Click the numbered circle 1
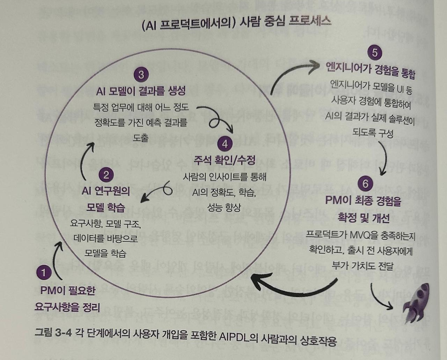44,272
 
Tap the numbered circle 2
106,174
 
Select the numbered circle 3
141,74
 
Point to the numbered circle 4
225,144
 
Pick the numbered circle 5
374,53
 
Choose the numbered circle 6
365,184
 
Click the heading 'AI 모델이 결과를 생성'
141,91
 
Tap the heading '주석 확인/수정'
225,160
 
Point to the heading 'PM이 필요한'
67,290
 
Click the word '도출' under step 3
141,138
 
